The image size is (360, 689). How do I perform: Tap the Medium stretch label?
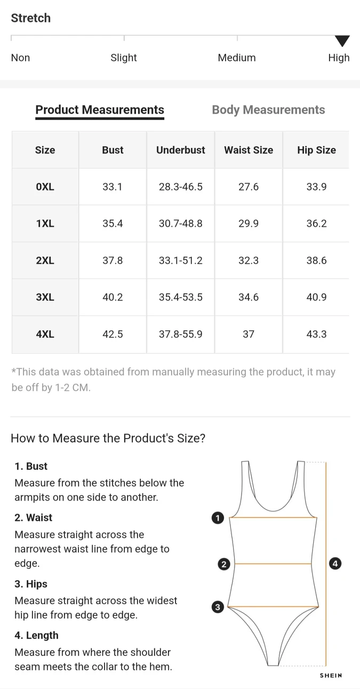pos(237,58)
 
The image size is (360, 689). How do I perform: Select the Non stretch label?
pos(20,58)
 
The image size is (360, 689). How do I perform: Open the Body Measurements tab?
pos(268,110)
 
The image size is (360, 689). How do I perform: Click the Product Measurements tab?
pos(100,110)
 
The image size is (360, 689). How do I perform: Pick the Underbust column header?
pos(180,150)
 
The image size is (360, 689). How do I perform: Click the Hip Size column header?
pos(316,150)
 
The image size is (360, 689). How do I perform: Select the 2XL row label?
pos(45,260)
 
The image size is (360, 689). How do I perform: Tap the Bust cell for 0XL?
pos(113,187)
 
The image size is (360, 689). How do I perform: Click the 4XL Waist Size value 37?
pos(249,334)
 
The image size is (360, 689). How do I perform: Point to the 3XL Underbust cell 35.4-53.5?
pos(180,297)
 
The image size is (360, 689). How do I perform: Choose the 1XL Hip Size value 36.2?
pos(316,224)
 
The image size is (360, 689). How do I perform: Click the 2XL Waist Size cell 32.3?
pos(249,260)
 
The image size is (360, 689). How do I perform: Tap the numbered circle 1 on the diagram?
pos(218,518)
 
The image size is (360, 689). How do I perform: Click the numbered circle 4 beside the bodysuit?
pos(335,563)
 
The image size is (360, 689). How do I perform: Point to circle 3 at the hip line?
pos(218,607)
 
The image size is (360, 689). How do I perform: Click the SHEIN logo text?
pos(331,676)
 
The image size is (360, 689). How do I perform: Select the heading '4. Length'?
pos(36,636)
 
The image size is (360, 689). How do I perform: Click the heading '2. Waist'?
pos(34,518)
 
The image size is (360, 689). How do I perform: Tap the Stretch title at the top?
pos(31,18)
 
